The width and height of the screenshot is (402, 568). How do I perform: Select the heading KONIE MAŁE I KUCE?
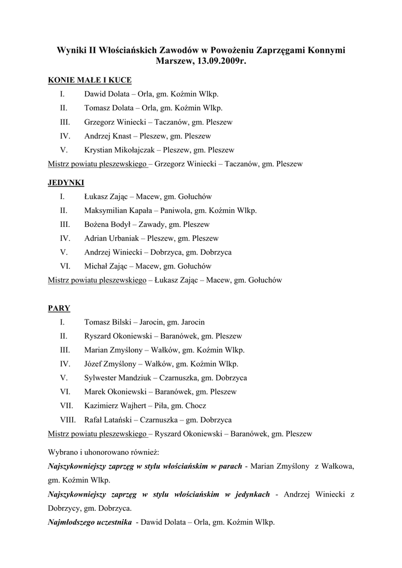tap(90, 80)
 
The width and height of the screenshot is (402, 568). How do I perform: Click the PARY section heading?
tap(59, 308)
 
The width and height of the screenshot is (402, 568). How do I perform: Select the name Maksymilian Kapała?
tap(118, 211)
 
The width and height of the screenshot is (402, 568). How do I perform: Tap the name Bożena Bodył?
tap(107, 225)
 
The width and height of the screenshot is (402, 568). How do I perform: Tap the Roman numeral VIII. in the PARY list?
tap(68, 420)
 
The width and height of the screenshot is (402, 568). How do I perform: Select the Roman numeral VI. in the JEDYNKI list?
tap(65, 266)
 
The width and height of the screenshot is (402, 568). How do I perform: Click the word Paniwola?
tap(174, 211)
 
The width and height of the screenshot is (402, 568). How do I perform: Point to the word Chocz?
tap(195, 406)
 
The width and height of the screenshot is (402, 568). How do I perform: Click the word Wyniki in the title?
tap(71, 50)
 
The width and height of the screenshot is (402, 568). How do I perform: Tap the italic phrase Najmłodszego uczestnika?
tap(90, 522)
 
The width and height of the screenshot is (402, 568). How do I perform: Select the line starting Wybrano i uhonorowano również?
tap(104, 452)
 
